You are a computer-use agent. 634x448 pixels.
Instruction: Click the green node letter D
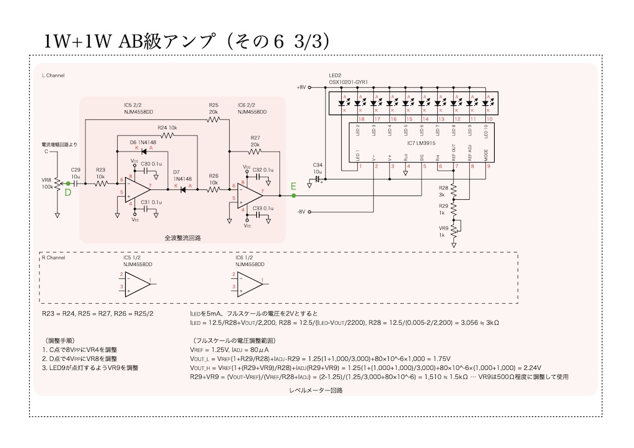click(68, 192)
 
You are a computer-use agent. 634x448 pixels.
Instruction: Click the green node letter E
click(293, 186)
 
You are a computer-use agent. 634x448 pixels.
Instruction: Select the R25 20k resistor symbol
click(214, 119)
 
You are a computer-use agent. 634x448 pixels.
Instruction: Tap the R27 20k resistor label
click(255, 140)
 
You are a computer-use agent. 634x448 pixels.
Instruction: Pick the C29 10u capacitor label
click(76, 172)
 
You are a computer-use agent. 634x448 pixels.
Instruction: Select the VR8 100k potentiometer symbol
click(57, 183)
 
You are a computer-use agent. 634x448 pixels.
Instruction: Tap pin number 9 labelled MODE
click(489, 165)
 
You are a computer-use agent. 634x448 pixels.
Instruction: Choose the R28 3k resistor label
click(443, 191)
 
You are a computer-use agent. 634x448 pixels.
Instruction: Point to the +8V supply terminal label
click(302, 87)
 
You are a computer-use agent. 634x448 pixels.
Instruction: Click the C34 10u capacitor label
click(318, 168)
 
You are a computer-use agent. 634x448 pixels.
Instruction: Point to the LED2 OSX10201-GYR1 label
click(348, 79)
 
